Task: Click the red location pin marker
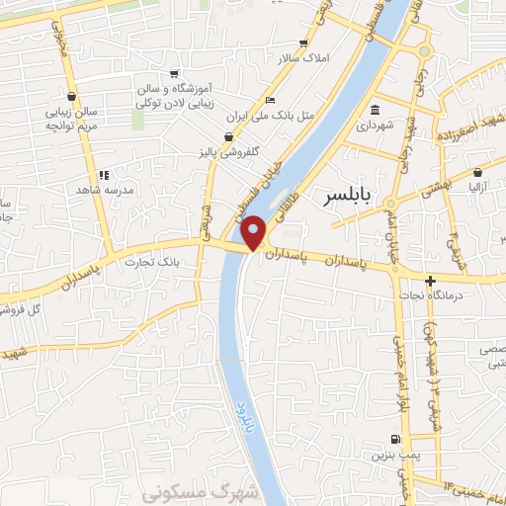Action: pos(254,232)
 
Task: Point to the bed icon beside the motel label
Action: pos(270,100)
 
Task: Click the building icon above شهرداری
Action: pos(375,110)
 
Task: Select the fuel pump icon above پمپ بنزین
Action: pos(396,440)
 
